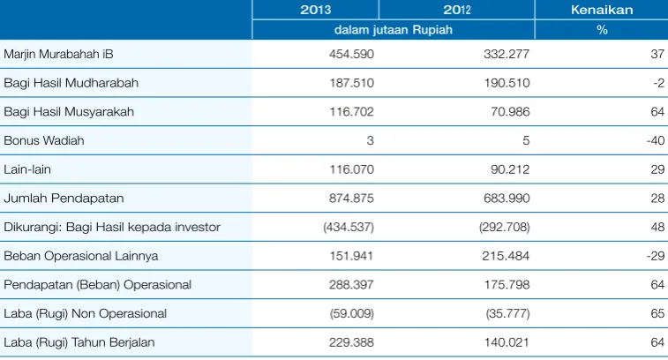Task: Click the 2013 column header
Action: (315, 10)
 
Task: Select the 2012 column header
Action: (457, 10)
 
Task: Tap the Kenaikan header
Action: (602, 10)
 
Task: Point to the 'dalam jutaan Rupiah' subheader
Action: (394, 30)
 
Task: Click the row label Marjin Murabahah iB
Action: (58, 54)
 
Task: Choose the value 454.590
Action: (351, 54)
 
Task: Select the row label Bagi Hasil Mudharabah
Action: (71, 83)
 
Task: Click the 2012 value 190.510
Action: (507, 83)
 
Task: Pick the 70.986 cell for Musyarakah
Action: (510, 112)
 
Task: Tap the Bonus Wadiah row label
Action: (44, 140)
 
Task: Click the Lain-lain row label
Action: (27, 169)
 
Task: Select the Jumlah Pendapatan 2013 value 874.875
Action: (351, 199)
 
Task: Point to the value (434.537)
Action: (349, 227)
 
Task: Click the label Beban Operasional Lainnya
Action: (81, 256)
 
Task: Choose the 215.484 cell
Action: (506, 256)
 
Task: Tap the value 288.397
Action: (351, 285)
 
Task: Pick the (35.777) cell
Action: (507, 313)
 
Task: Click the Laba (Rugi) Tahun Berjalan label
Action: (79, 342)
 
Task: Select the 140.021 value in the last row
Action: (507, 342)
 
